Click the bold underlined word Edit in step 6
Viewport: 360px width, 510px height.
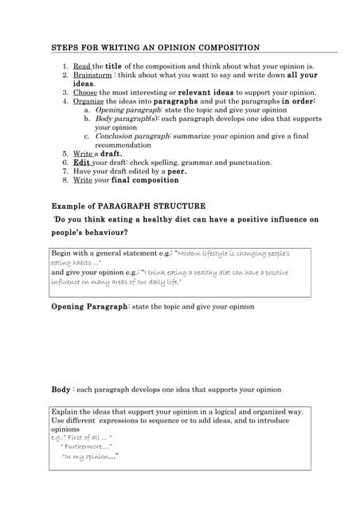pos(81,163)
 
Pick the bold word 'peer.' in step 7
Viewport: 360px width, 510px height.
pos(176,171)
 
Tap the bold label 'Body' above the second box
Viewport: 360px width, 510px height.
pos(61,390)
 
